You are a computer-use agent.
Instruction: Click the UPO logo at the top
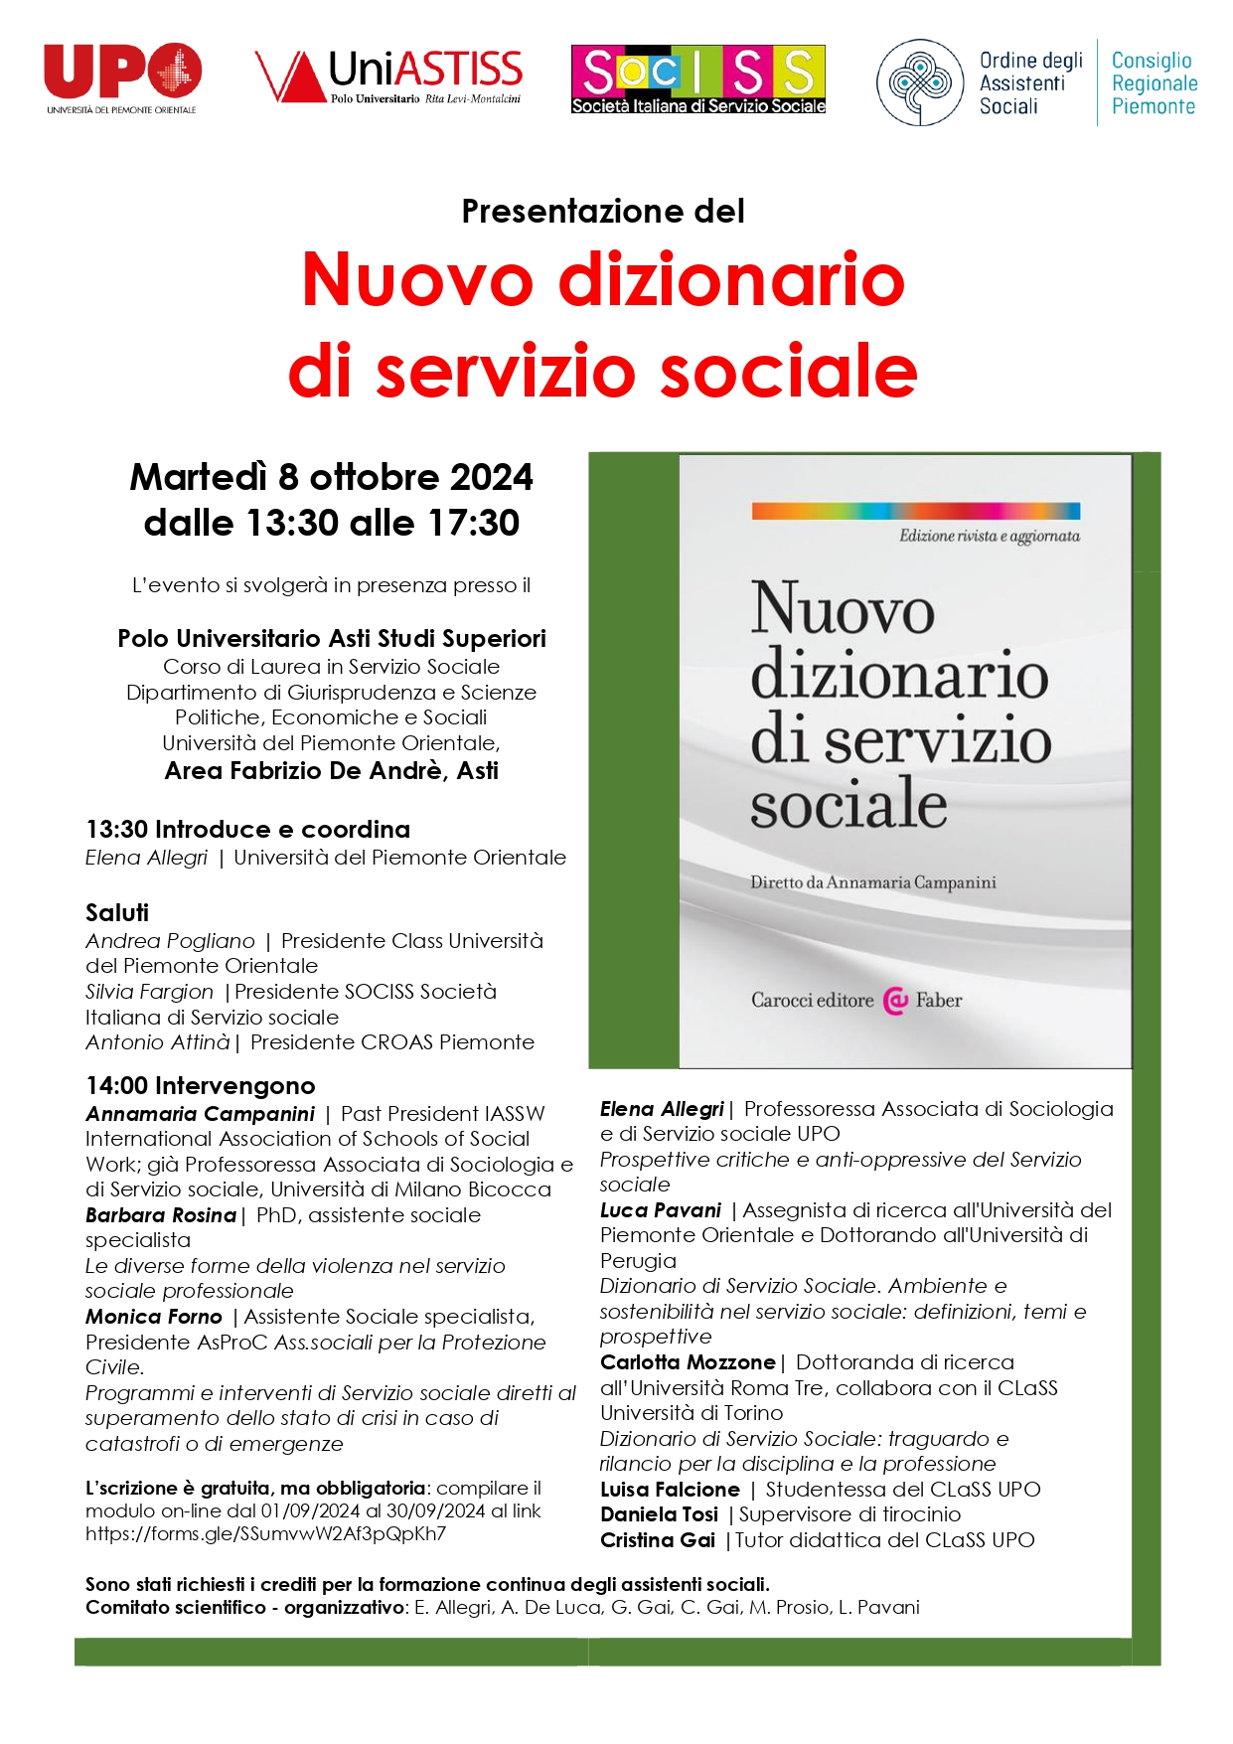(x=122, y=77)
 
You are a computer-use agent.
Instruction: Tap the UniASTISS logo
(x=388, y=77)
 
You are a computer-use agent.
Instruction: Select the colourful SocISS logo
(x=697, y=79)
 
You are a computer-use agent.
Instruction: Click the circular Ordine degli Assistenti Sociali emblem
(x=920, y=82)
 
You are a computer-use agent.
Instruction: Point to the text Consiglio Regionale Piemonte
(x=1154, y=83)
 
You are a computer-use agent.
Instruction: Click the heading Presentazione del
(x=603, y=211)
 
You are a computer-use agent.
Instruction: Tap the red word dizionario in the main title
(x=732, y=279)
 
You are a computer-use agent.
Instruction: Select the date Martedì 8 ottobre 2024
(x=331, y=477)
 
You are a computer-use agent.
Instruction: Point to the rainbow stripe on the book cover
(x=915, y=511)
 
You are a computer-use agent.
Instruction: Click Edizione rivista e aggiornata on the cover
(x=989, y=537)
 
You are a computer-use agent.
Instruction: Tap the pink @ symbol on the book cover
(x=895, y=1001)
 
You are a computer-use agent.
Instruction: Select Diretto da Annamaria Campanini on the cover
(x=872, y=882)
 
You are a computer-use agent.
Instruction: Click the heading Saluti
(x=117, y=912)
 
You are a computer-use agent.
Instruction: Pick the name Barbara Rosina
(x=161, y=1215)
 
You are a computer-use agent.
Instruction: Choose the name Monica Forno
(x=154, y=1317)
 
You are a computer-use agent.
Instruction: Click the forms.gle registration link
(x=265, y=1533)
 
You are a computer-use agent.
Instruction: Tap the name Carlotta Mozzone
(x=688, y=1362)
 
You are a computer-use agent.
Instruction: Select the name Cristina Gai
(x=658, y=1540)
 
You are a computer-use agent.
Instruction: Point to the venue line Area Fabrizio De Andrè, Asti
(x=331, y=770)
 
